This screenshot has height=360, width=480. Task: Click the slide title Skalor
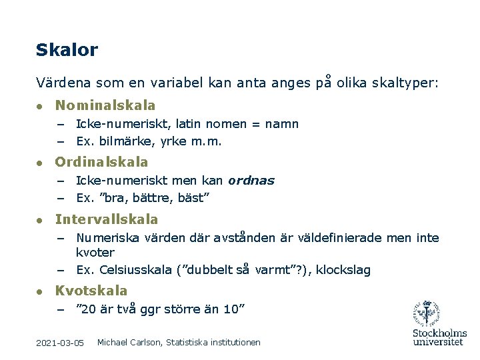click(x=67, y=50)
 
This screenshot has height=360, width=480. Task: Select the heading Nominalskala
click(x=105, y=105)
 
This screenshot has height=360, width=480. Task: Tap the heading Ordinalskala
click(x=101, y=162)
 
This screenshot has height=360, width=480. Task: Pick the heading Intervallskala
click(x=107, y=219)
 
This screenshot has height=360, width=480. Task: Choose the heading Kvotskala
click(x=91, y=291)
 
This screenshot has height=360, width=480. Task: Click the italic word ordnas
click(x=251, y=181)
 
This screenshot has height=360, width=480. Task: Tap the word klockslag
click(x=343, y=270)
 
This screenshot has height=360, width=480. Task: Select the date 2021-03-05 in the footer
click(x=60, y=343)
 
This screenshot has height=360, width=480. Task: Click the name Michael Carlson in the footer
click(x=128, y=342)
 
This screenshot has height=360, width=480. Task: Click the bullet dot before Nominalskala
click(x=40, y=106)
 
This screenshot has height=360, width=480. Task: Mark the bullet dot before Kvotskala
click(x=40, y=291)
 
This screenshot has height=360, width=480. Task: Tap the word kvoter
click(x=95, y=253)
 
